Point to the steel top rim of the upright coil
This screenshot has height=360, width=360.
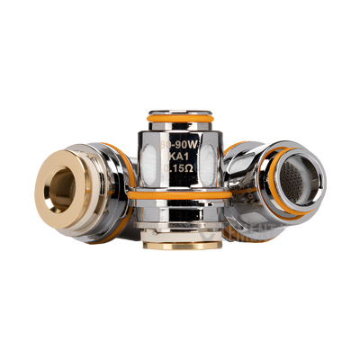180,108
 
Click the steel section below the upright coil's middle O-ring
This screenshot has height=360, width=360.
180,216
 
